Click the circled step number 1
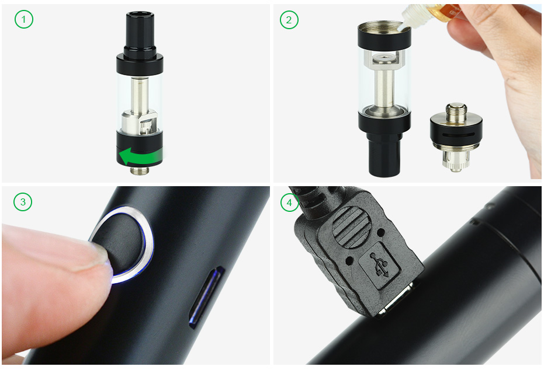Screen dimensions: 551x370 24,19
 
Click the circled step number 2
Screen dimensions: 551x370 289,20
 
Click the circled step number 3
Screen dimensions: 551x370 23,202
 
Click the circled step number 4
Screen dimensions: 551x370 289,203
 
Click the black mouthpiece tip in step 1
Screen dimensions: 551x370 140,32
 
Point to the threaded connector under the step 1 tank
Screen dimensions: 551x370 140,170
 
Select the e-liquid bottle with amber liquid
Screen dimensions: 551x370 436,11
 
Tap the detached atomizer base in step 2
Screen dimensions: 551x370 456,137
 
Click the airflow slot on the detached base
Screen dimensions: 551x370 456,135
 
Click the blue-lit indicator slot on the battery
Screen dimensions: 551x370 207,297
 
